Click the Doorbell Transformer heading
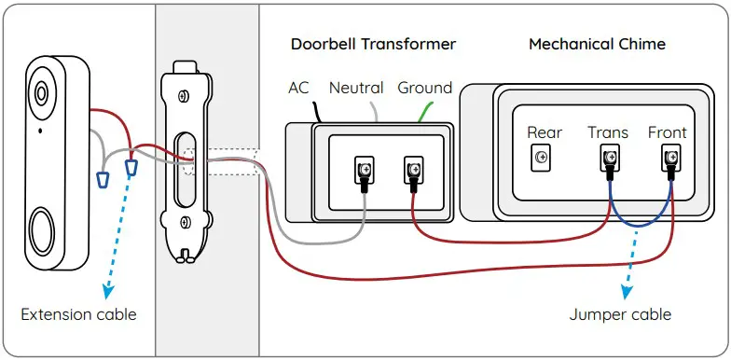point(372,44)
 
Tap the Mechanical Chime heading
point(597,44)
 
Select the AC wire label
point(298,88)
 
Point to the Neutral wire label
point(356,88)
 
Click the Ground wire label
point(424,88)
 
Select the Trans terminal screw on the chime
point(607,159)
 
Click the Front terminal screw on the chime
point(669,159)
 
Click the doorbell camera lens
point(42,93)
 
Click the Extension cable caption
point(78,314)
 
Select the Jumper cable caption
point(620,314)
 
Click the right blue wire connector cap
point(131,168)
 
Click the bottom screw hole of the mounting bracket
point(186,222)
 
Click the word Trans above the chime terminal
point(607,132)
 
